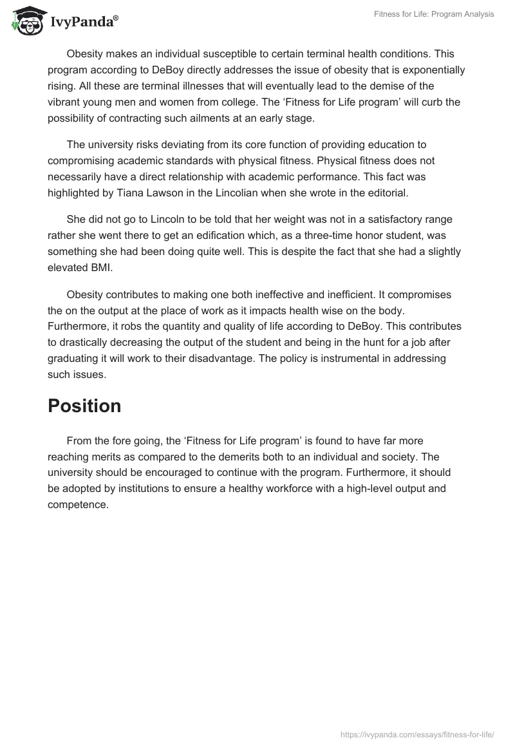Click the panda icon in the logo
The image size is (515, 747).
(26, 20)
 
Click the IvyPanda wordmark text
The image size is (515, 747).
(84, 22)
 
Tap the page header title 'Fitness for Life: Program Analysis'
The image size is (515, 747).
(434, 14)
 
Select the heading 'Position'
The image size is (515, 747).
(84, 406)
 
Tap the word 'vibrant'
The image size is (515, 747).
(66, 102)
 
